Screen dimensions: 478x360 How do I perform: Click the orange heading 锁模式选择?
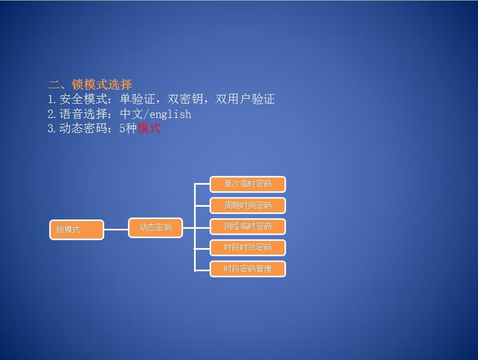pos(102,84)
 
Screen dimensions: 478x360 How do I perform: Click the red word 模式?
pos(149,128)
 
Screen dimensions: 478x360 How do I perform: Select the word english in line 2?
pos(170,114)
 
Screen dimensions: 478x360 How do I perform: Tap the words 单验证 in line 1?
pos(137,99)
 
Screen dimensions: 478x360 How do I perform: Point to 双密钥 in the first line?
pos(185,99)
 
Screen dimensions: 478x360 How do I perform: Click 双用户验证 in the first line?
pos(245,99)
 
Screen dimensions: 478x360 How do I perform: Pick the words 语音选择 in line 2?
pos(84,114)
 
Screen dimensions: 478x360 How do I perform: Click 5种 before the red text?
pos(128,128)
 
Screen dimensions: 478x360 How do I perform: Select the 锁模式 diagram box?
pos(77,229)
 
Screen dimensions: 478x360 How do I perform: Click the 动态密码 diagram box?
pos(155,227)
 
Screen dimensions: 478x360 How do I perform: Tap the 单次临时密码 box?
pos(248,184)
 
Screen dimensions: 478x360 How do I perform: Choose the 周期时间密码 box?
pos(248,205)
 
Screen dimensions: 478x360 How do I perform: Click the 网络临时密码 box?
pos(248,227)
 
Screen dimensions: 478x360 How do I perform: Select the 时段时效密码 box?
pos(248,248)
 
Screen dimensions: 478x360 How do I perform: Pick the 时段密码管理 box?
pos(248,269)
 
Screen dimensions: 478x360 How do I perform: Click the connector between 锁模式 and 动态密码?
pos(116,229)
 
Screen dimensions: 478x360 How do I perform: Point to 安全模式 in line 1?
pos(84,99)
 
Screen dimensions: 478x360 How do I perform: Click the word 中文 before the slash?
pos(131,114)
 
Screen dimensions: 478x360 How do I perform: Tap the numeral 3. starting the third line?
pos(52,128)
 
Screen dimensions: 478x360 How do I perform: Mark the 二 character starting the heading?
pos(54,84)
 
